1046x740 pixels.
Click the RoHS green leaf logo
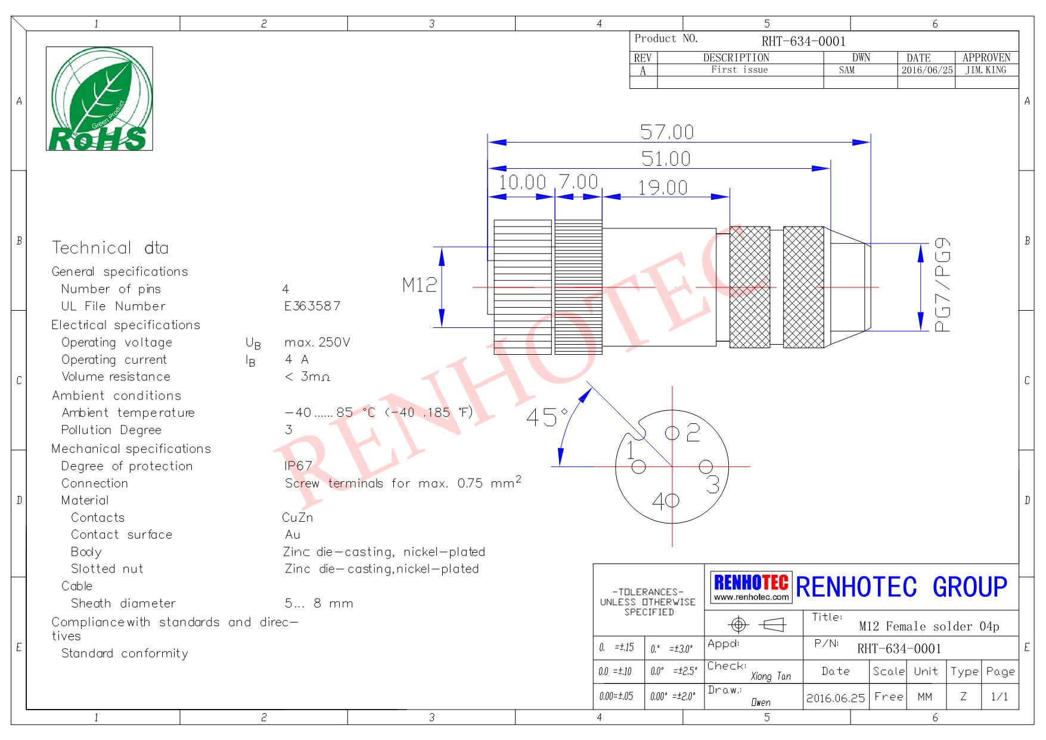(x=99, y=98)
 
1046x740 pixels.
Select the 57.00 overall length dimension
(x=667, y=131)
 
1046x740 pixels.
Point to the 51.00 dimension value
(x=666, y=159)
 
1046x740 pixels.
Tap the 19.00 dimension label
(x=663, y=188)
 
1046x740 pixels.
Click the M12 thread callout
(x=420, y=285)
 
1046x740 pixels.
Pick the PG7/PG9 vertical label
(x=942, y=285)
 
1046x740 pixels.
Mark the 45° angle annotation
(x=547, y=417)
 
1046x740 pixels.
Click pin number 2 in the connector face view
(x=693, y=432)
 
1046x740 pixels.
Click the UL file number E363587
(x=312, y=306)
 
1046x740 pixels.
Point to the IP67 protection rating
(x=299, y=466)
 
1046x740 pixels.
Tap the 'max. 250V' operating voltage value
(x=317, y=342)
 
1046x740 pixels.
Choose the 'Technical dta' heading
(x=110, y=247)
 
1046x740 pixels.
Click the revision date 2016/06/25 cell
(x=927, y=70)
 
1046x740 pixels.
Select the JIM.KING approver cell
(x=986, y=70)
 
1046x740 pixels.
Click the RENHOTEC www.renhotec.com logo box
(x=752, y=587)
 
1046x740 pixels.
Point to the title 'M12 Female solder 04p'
(x=929, y=626)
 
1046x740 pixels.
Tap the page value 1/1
(x=1000, y=696)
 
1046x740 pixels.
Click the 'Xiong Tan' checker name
(x=771, y=676)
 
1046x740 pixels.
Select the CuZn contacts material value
(x=297, y=518)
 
